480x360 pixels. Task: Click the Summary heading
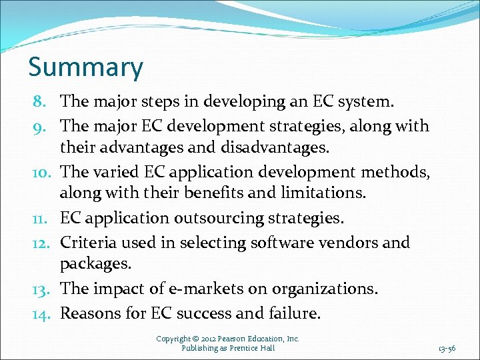tap(85, 68)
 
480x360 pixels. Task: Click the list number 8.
tap(38, 103)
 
